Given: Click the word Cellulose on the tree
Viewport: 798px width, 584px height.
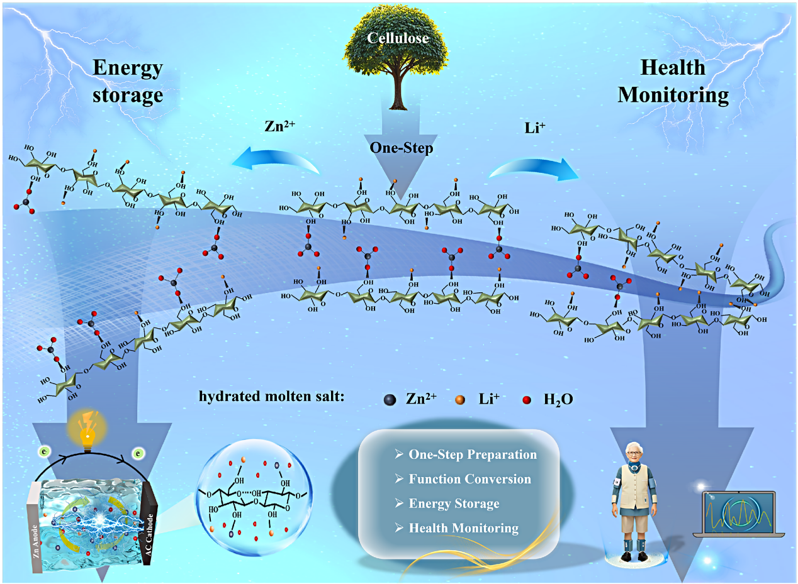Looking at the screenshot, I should (x=398, y=38).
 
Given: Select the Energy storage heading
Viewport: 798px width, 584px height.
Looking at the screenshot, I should (x=128, y=81).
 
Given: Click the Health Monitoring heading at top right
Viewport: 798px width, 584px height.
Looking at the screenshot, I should (x=673, y=81).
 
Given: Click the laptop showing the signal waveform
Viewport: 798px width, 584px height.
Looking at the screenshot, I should (x=738, y=513).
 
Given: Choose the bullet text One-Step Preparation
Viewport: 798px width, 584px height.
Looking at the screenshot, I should (x=473, y=454).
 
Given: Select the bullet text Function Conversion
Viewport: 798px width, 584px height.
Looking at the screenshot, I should (x=469, y=478).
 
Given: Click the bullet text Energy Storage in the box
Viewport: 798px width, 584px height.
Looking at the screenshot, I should (x=454, y=503).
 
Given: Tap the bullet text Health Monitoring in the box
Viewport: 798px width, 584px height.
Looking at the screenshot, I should (x=464, y=527).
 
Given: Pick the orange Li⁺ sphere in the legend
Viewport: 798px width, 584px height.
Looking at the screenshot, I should (x=461, y=399).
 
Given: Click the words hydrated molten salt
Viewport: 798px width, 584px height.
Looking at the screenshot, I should (x=271, y=397).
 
